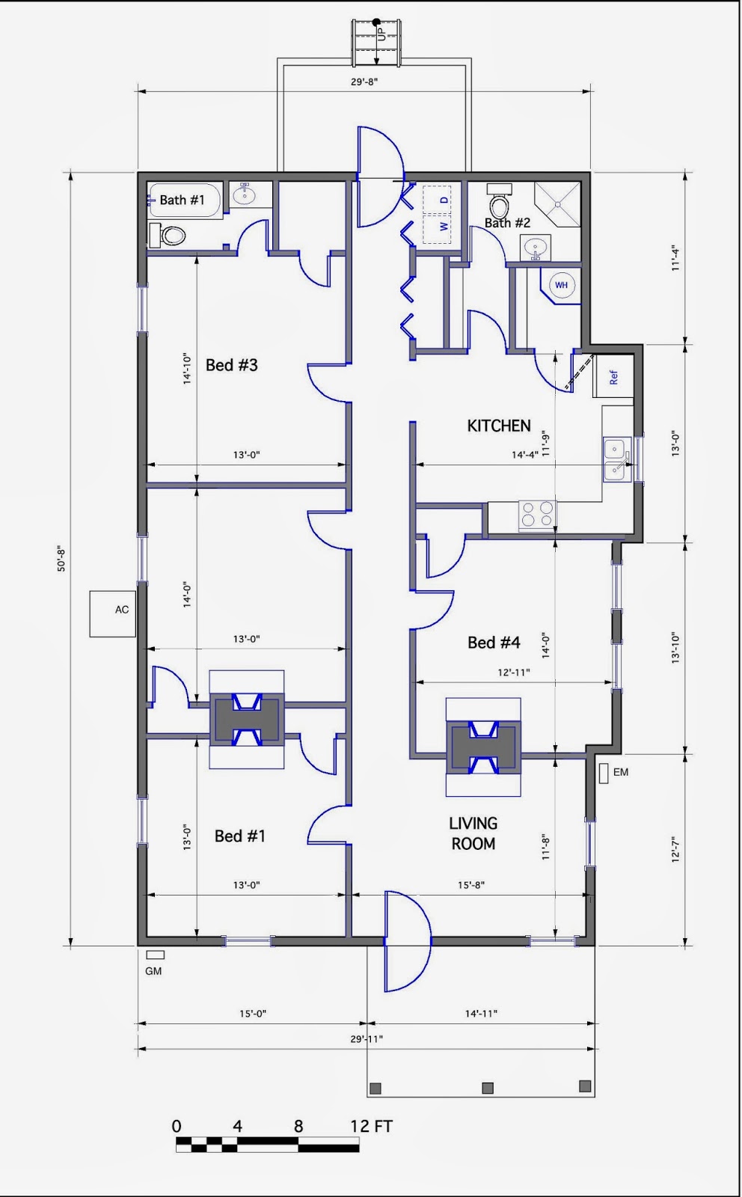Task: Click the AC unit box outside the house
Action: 113,613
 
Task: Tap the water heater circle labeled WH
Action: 561,285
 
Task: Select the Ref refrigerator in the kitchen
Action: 613,376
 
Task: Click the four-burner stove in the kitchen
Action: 537,515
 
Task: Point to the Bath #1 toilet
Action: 168,235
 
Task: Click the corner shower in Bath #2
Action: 557,204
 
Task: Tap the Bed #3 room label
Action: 232,365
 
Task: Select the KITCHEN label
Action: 499,426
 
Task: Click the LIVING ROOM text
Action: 473,833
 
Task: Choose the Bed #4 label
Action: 494,643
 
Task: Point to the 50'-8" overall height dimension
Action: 61,559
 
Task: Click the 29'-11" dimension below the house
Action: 367,1039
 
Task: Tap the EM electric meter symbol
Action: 604,774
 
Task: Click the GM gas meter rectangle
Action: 156,955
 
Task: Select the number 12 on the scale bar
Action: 360,1127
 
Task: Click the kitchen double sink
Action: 617,459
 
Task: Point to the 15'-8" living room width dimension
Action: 470,885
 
